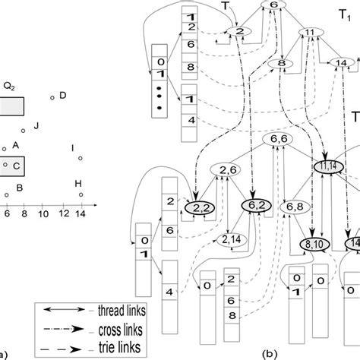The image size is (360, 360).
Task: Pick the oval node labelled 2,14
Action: coord(234,240)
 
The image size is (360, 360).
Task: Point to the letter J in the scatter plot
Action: coord(36,124)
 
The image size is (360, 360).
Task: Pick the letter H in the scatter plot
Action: coord(77,184)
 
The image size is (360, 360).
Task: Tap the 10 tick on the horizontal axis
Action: coord(43,216)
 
